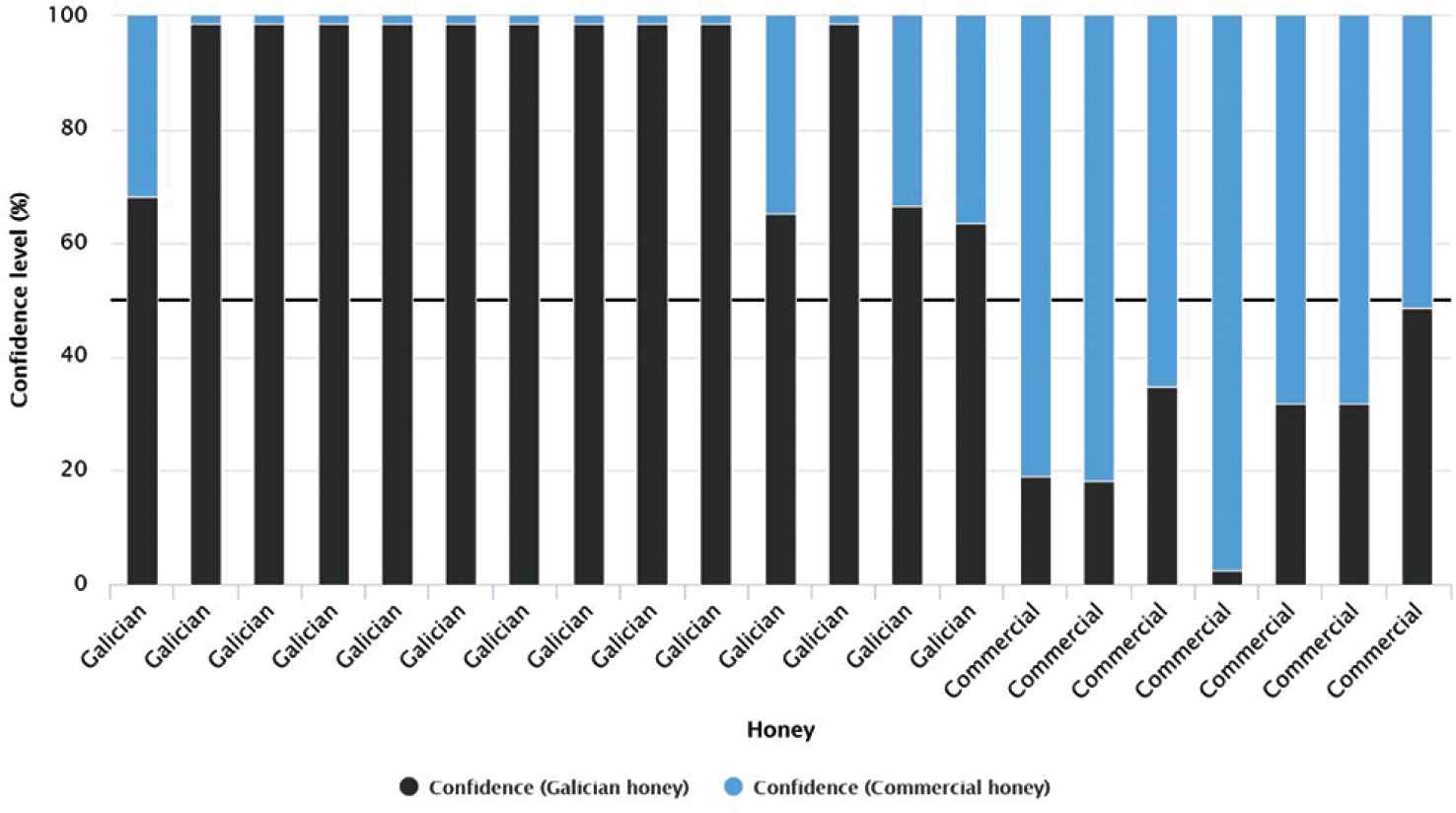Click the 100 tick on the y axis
click(73, 16)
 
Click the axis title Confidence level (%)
click(19, 300)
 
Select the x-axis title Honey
click(780, 730)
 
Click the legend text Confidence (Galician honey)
click(558, 787)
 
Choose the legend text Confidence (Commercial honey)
click(901, 787)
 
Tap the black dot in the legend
click(409, 787)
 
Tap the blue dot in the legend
click(733, 787)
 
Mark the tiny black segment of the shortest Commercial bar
click(1226, 577)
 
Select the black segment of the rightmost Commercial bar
click(1418, 446)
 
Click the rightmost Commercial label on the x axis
click(1377, 651)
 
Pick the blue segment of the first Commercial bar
click(1035, 247)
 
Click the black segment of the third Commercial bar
click(1162, 485)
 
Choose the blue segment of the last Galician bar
click(971, 119)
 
